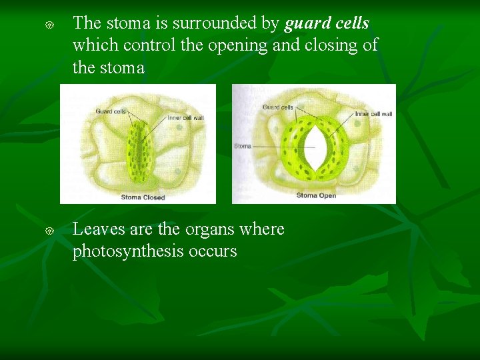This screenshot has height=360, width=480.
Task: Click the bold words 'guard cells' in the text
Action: pyautogui.click(x=327, y=23)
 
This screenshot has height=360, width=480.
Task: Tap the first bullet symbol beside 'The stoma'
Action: pyautogui.click(x=49, y=25)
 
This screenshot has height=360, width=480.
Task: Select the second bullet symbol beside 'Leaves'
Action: pyautogui.click(x=49, y=231)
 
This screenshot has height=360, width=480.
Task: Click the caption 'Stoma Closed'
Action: pyautogui.click(x=143, y=197)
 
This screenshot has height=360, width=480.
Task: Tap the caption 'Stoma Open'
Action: pyautogui.click(x=316, y=195)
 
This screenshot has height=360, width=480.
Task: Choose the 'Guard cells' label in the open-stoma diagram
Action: pyautogui.click(x=277, y=107)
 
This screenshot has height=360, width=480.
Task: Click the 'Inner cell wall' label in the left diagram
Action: pyautogui.click(x=185, y=118)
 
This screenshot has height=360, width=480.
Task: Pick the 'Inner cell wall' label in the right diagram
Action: pyautogui.click(x=373, y=114)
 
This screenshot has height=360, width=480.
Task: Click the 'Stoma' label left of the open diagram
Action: pyautogui.click(x=243, y=146)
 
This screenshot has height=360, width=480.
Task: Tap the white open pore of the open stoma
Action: pyautogui.click(x=313, y=150)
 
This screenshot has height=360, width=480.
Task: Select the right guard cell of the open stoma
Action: pyautogui.click(x=334, y=150)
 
